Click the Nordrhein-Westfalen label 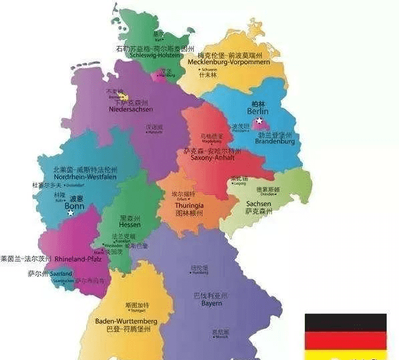pos(76,178)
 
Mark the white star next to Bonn pos(71,213)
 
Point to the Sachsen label pos(258,204)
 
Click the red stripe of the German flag pos(346,341)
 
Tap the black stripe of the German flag pos(346,323)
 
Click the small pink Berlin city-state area pos(263,125)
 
